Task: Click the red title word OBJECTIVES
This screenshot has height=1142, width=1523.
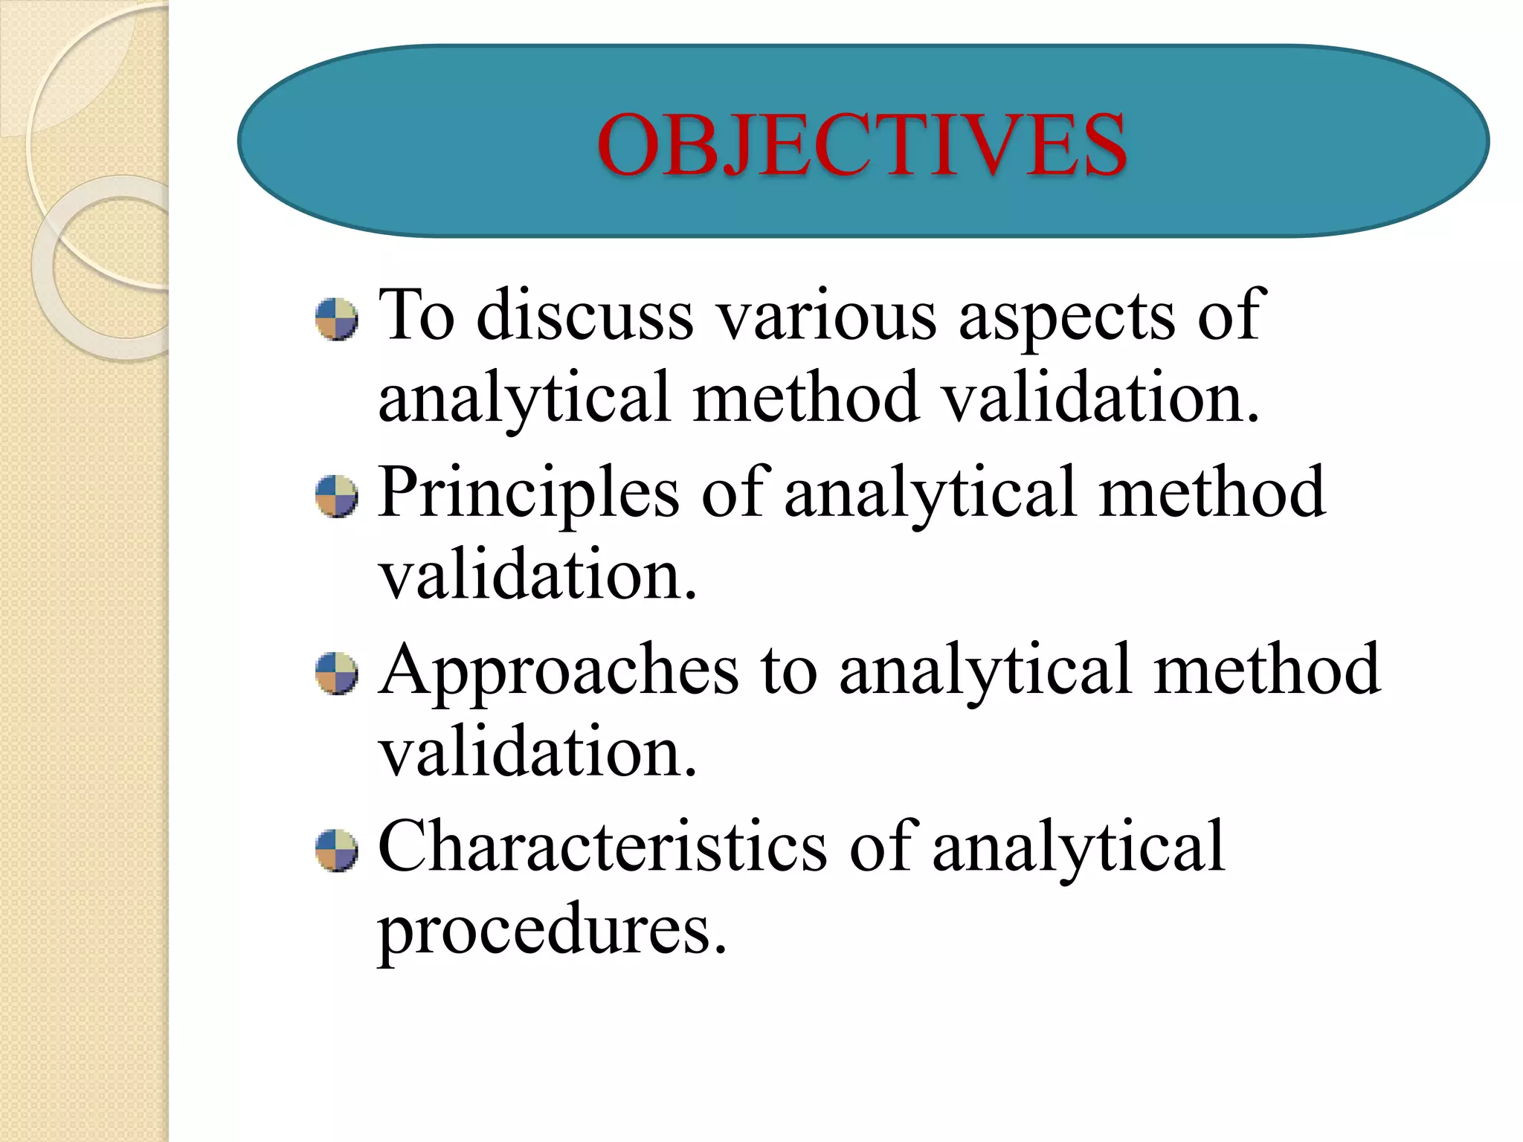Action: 862,144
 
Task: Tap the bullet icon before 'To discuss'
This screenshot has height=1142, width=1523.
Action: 336,320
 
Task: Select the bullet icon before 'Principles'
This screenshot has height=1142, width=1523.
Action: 336,496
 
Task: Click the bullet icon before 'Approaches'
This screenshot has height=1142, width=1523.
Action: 336,673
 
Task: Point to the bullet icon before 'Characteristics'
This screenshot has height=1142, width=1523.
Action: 336,850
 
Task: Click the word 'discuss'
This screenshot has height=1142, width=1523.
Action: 585,315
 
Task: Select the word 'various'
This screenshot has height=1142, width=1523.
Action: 825,315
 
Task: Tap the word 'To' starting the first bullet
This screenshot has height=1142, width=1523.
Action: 416,315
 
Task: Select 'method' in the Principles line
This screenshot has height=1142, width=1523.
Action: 1211,492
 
